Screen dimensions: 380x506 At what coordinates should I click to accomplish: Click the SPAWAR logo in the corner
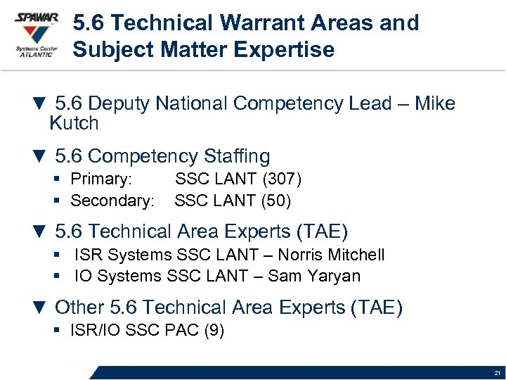click(x=36, y=36)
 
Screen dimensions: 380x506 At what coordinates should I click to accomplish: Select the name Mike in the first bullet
click(x=435, y=104)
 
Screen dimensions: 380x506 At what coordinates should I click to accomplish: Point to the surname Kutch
click(x=74, y=124)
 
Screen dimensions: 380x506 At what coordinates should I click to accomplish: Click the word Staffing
click(x=236, y=156)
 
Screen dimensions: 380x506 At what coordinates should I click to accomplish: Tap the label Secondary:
click(x=112, y=201)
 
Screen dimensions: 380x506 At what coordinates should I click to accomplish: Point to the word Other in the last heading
click(x=79, y=308)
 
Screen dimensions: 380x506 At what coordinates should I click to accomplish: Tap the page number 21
click(x=497, y=373)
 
